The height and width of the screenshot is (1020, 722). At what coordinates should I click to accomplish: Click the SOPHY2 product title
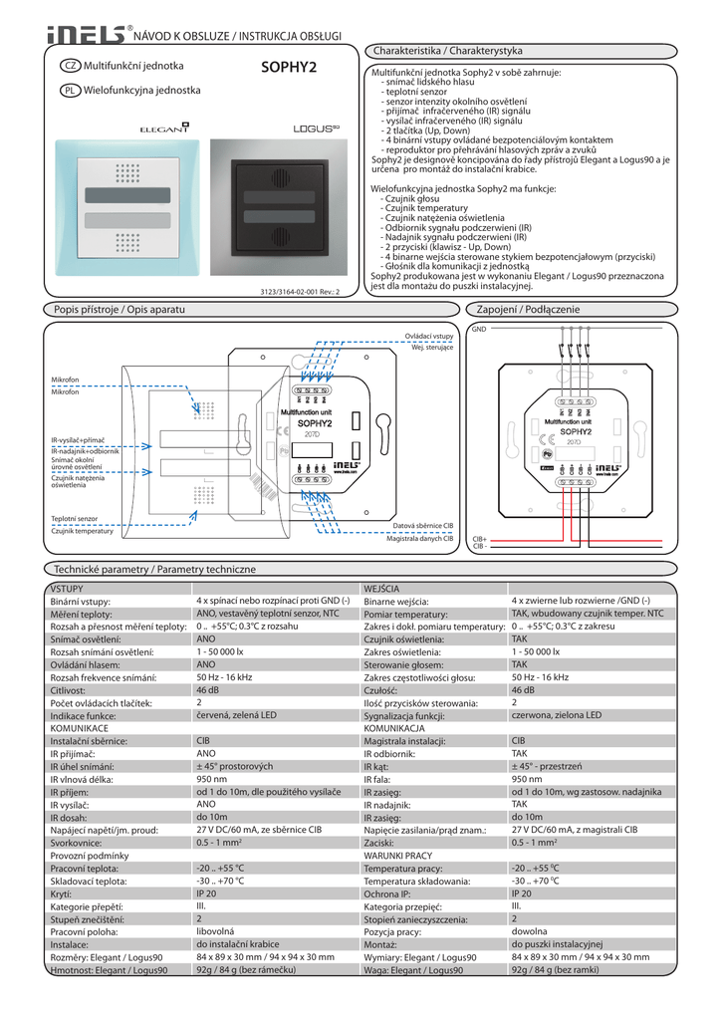pos(288,68)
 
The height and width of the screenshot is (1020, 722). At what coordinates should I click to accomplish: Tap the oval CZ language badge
pos(70,66)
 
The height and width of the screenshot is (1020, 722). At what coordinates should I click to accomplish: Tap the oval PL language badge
pos(70,90)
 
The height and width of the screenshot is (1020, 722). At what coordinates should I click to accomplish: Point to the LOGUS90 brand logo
pos(289,128)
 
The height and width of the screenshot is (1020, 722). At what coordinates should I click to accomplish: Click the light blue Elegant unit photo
pos(125,212)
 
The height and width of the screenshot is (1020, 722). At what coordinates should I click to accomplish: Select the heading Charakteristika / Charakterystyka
pos(447,50)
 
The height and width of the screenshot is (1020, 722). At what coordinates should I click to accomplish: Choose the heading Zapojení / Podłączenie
pos(528,310)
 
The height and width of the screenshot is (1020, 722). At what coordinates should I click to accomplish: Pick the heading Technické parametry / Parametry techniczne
pos(153,569)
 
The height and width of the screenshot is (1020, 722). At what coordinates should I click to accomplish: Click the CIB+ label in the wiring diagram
pos(479,540)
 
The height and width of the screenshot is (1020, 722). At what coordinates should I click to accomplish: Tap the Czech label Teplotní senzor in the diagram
pos(75,519)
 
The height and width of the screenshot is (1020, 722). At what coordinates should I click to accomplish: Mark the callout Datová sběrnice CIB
pos(422,524)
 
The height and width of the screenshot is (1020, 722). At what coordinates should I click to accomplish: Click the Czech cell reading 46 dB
pos(207,689)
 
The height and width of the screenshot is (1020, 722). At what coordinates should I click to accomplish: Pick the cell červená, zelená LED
pos(238,715)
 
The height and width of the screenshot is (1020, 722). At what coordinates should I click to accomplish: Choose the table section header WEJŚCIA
pos(382,590)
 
